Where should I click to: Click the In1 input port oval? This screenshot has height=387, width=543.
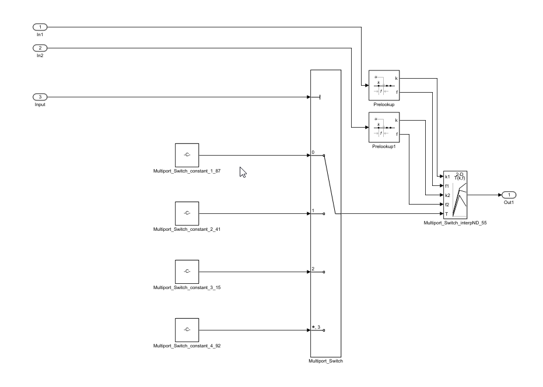pos(40,27)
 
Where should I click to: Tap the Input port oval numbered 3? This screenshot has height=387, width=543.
pos(40,97)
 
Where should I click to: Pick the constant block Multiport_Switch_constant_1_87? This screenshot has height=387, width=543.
pos(187,155)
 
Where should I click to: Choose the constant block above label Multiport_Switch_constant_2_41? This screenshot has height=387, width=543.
pos(187,213)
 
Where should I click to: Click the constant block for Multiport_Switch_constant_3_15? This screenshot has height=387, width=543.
pos(187,272)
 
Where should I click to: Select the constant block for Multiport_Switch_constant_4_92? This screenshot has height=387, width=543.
pos(187,330)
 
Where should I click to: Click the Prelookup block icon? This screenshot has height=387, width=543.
pos(383,85)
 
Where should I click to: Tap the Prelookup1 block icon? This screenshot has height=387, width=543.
pos(383,127)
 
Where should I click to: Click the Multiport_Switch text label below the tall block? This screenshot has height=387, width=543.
pos(325,361)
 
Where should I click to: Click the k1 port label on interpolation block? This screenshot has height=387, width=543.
pos(447,177)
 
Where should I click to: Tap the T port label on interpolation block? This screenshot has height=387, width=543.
pos(446,213)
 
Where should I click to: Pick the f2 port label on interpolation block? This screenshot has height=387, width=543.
pos(447,205)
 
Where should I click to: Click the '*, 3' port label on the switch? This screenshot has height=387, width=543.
pos(317,327)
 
